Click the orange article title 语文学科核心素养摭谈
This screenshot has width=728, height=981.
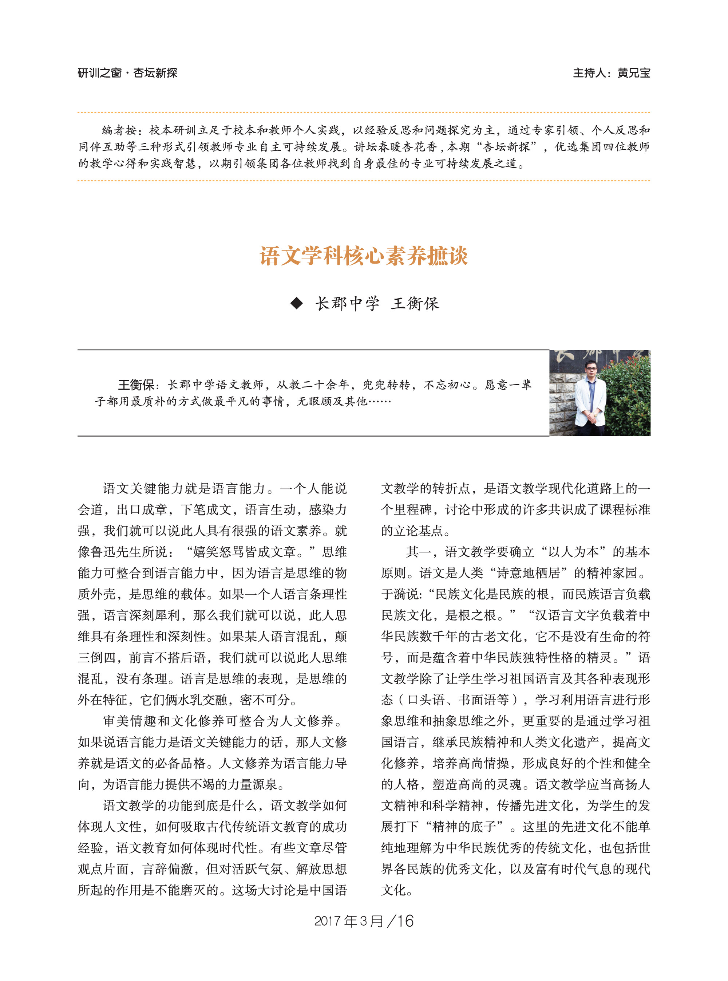pos(364,256)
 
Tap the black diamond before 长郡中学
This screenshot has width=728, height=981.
pos(297,303)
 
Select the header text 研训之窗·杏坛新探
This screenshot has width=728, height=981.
pos(127,73)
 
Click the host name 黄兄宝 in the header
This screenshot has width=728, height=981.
pos(634,73)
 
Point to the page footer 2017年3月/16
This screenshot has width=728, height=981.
pos(364,921)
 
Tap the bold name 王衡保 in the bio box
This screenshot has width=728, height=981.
pos(136,385)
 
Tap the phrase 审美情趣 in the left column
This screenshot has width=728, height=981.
pos(130,721)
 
